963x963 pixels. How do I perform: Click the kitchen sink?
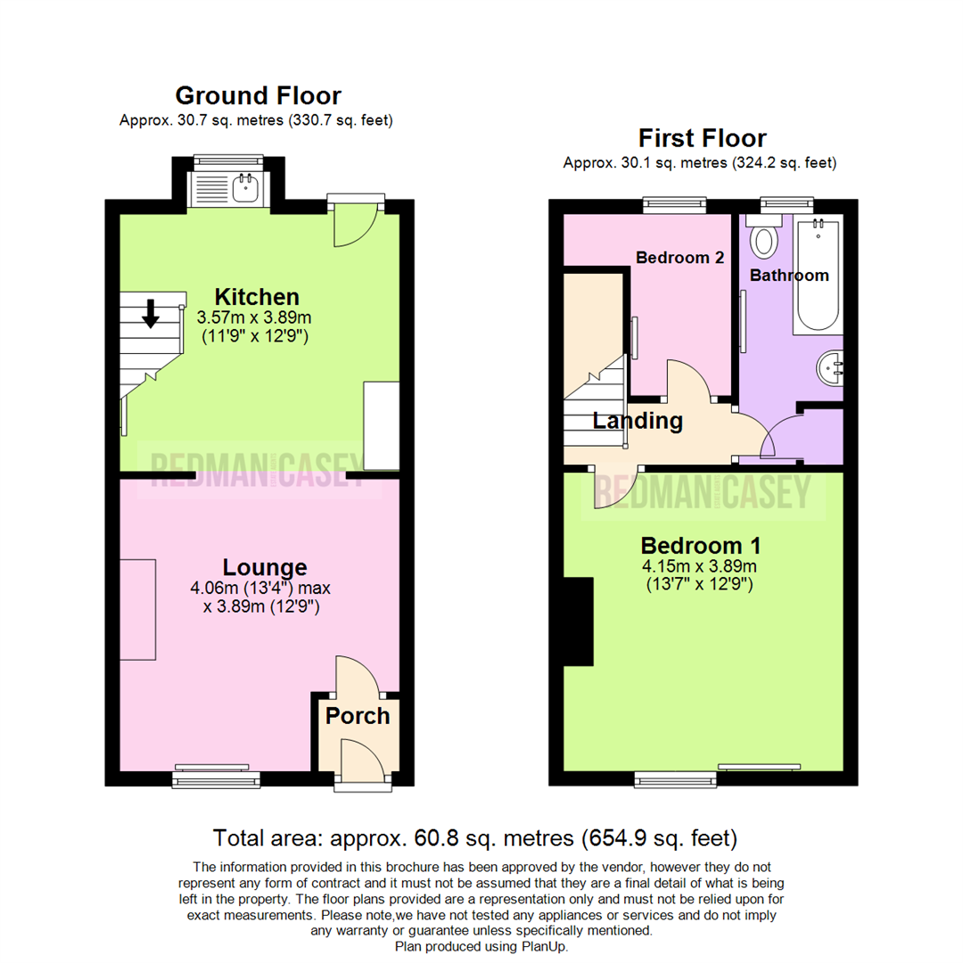pos(243,188)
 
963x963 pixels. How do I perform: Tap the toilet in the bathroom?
pos(764,240)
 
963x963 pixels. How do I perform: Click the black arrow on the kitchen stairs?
pos(151,312)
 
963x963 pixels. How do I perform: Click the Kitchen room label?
pos(256,296)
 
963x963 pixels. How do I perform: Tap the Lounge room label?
pos(265,567)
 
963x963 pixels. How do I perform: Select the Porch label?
pos(358,716)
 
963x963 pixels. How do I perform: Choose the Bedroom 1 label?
pos(700,545)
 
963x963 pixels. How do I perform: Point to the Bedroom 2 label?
pos(679,257)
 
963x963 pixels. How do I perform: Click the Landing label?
pos(638,421)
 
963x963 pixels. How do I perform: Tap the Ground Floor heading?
pos(258,95)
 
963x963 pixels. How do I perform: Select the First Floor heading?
pos(702,138)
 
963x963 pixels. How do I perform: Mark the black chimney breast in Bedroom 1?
pos(580,621)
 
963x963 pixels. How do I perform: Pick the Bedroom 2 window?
pos(675,204)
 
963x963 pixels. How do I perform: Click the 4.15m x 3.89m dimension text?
pos(699,567)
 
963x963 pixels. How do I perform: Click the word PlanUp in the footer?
pos(546,946)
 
